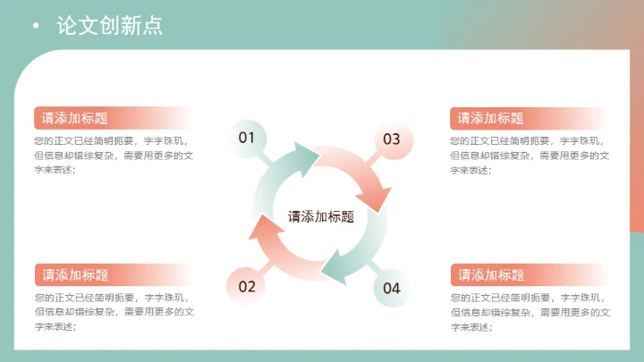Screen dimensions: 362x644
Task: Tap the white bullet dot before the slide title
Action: coord(35,26)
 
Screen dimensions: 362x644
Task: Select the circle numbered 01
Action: coord(247,138)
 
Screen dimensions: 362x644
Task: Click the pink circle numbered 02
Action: coord(247,286)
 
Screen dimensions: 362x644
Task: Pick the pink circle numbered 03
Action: coord(392,139)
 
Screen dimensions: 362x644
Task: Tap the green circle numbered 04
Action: coord(392,287)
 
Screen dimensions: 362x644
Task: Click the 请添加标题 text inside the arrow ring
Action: coord(320,216)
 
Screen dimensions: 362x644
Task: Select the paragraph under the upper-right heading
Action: coord(530,156)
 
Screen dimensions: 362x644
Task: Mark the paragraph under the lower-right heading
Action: coord(530,312)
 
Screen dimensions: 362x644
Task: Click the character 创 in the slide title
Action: coord(109,26)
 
